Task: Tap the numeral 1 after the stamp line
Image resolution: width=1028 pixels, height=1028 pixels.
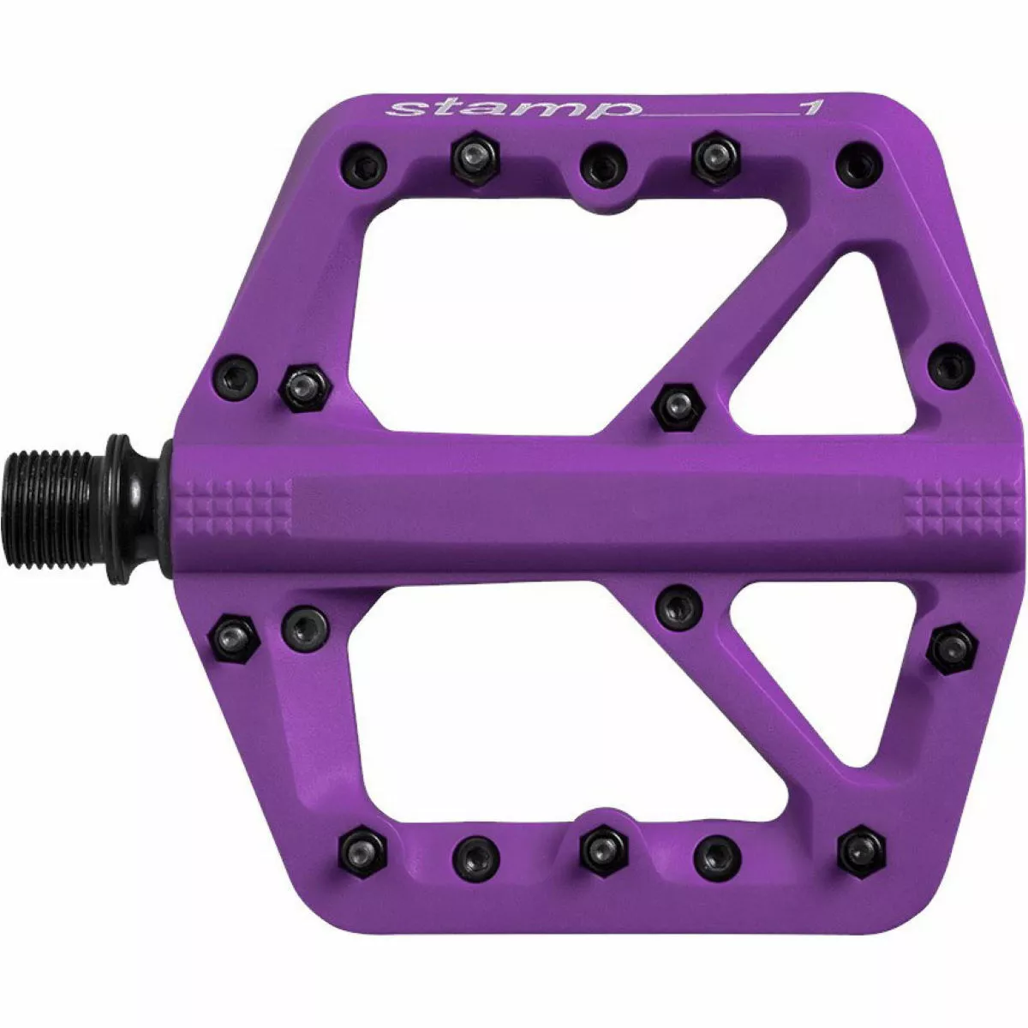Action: pyautogui.click(x=811, y=108)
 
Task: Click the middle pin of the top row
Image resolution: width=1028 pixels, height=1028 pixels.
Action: pyautogui.click(x=603, y=164)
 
